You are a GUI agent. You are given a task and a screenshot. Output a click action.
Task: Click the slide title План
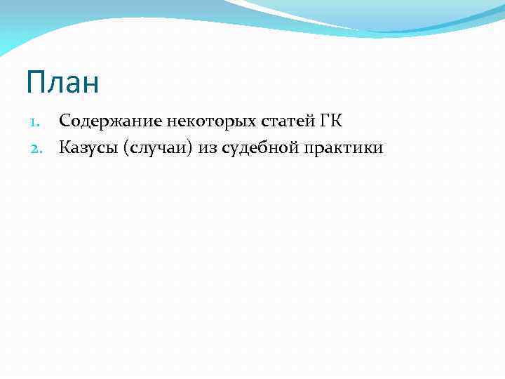[62, 83]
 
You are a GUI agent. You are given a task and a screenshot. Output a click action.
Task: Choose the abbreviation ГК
[331, 121]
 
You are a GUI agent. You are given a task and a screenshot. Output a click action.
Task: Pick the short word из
[208, 147]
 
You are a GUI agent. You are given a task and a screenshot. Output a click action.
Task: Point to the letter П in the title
[35, 83]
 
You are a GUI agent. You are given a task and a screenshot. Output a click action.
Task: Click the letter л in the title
[54, 84]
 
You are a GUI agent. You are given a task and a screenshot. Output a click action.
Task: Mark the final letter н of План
[90, 84]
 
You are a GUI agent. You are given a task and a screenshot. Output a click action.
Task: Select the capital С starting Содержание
[65, 121]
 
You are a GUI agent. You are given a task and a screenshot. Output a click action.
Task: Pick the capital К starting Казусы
[65, 147]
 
